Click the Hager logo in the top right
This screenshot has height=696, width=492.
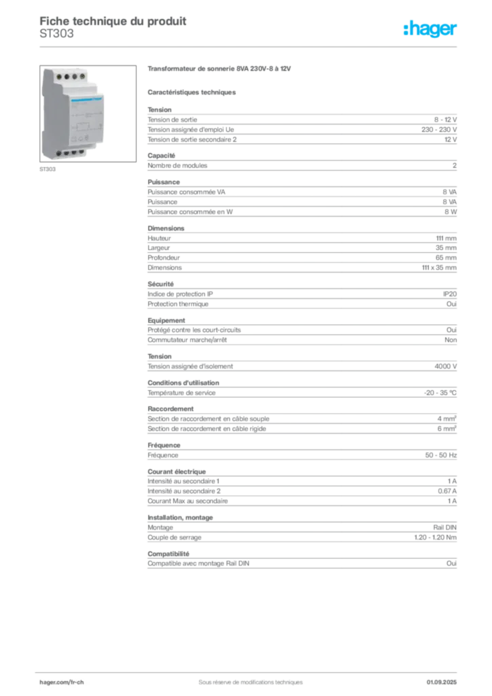coord(432,30)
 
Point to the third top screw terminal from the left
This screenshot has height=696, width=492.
coord(75,77)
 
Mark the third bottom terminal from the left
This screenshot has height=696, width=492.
coord(75,153)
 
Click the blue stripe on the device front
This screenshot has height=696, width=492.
coord(78,99)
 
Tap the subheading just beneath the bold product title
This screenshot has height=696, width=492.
coord(192,92)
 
